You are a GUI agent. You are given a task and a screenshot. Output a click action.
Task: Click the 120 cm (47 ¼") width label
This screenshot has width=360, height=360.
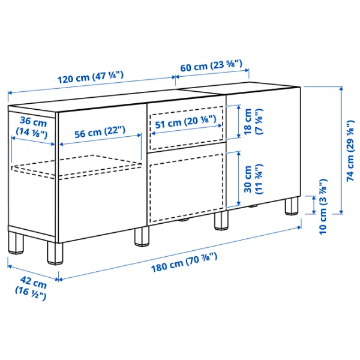coord(91,77)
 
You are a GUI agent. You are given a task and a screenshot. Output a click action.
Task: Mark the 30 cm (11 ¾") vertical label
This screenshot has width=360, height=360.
coord(254,179)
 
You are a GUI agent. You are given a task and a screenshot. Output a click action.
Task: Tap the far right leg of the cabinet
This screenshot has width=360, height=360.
coord(292,206)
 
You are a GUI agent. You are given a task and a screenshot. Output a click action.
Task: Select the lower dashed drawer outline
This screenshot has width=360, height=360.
coord(186,186)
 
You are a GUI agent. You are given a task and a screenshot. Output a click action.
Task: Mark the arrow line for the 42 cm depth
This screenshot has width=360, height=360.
coord(33,269)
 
